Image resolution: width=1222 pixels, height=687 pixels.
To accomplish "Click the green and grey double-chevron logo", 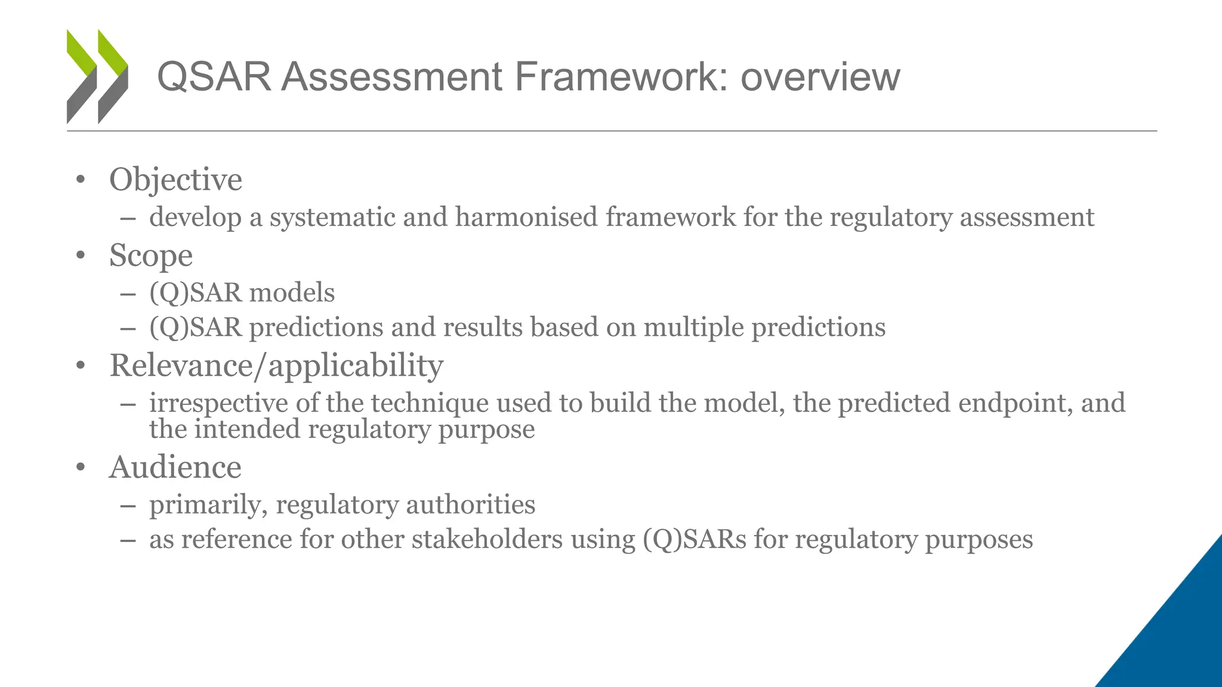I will click(97, 76).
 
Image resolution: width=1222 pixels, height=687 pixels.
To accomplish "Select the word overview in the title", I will click(820, 77).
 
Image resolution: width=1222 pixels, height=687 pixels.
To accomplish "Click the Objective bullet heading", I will click(175, 180).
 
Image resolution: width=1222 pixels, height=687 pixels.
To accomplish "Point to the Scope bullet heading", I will click(151, 256).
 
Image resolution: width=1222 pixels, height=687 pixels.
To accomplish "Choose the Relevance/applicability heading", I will click(276, 365).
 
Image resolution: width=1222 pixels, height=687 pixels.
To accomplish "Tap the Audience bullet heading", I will click(175, 467).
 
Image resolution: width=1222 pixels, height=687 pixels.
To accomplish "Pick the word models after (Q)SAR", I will click(292, 293).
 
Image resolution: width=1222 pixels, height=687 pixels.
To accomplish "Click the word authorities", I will click(471, 505).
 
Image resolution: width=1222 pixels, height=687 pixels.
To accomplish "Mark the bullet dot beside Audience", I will click(81, 468).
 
